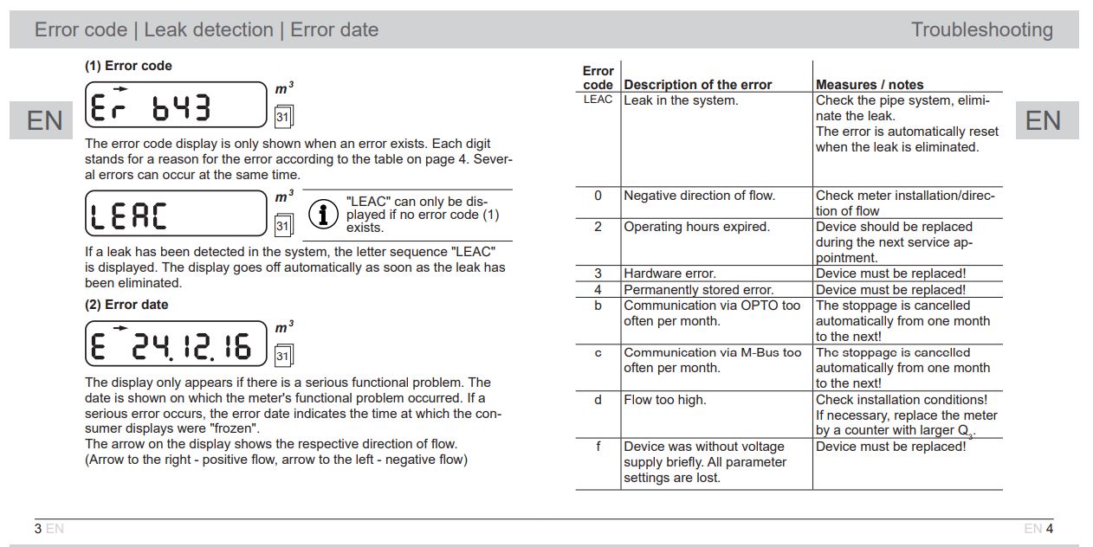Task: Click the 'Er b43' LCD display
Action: (x=176, y=106)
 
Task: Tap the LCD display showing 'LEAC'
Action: (x=176, y=213)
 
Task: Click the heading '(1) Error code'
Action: (x=128, y=66)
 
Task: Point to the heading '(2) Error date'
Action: (x=126, y=305)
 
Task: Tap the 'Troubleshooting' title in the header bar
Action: (x=981, y=30)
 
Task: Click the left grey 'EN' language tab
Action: (x=45, y=121)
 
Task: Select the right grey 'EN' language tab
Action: (x=1043, y=120)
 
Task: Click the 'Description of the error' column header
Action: (x=697, y=85)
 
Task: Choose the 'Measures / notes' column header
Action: (x=870, y=85)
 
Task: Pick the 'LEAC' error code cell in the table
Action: (x=598, y=100)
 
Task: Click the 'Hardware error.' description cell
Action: (x=669, y=274)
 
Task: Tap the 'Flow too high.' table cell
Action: (x=664, y=400)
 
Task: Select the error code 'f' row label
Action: (x=598, y=447)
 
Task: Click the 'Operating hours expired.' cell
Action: (x=696, y=227)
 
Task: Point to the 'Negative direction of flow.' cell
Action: (x=699, y=196)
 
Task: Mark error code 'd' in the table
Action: (x=598, y=400)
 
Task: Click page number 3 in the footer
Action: (x=38, y=529)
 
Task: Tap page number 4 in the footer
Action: (x=1049, y=529)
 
